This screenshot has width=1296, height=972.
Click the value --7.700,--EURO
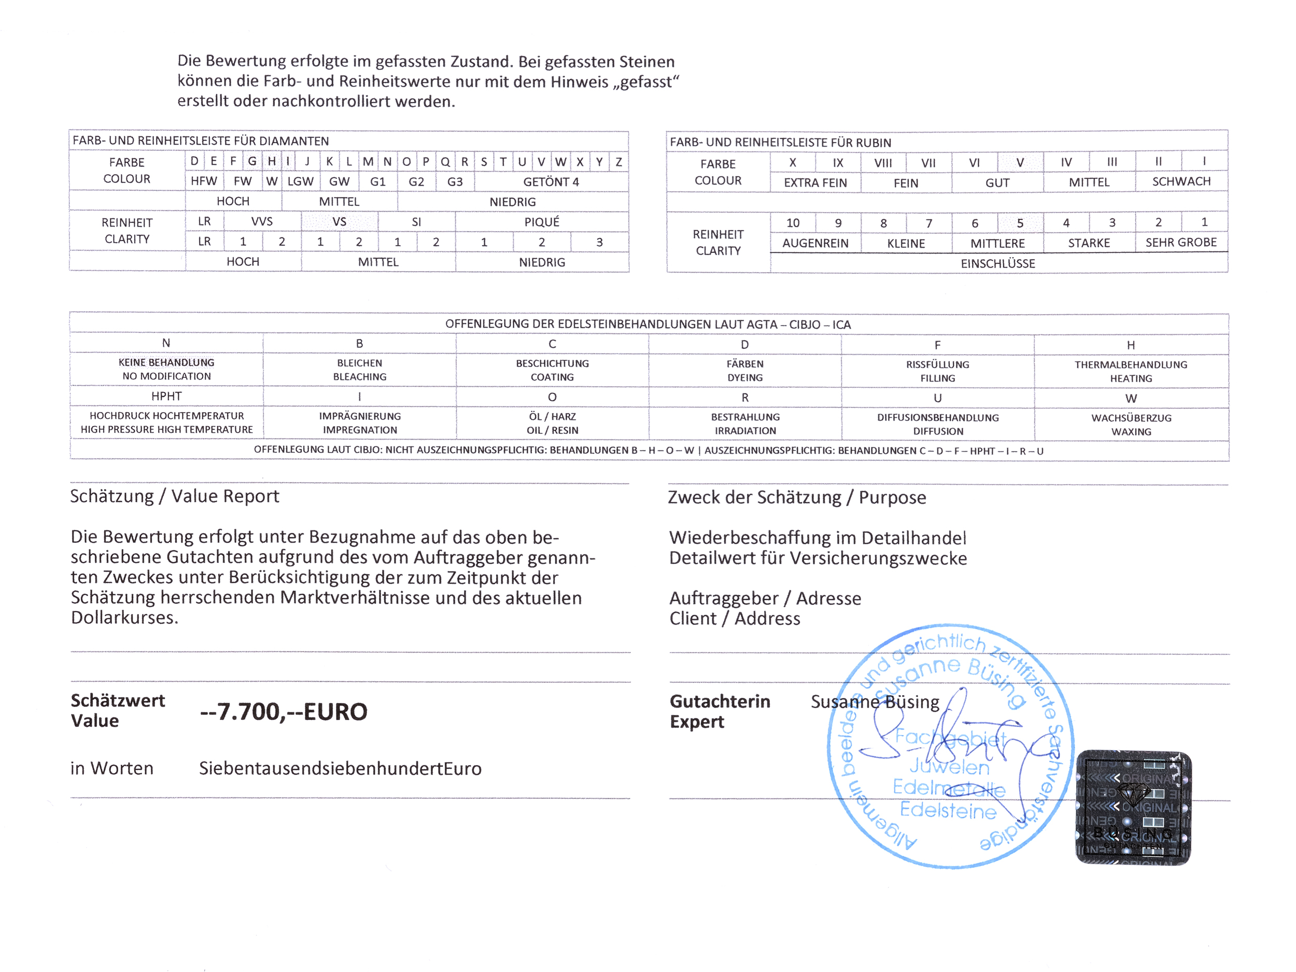pos(284,712)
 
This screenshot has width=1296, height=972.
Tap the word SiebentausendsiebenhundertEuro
pos(340,768)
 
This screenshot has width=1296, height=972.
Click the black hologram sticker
pos(1133,807)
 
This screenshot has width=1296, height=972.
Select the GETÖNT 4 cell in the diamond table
pos(551,181)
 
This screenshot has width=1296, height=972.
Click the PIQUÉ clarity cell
pos(541,222)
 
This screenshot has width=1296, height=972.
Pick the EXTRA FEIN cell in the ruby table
pos(815,183)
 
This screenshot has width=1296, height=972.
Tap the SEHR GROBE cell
pos(1180,243)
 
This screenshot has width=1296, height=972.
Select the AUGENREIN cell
pos(815,243)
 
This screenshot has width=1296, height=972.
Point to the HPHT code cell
pos(166,397)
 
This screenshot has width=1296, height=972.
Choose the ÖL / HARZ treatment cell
pos(552,423)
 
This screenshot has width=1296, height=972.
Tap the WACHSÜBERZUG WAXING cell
pos(1131,425)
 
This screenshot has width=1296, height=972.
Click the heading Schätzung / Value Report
pos(175,496)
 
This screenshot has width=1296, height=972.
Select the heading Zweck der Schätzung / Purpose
pos(797,498)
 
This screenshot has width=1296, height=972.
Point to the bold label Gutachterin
pos(720,701)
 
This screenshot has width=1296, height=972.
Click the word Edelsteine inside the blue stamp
pos(948,810)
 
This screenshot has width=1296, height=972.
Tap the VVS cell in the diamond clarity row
pos(262,221)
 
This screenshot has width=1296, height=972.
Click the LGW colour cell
pos(300,181)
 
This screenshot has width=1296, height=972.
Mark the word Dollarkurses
pos(124,617)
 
